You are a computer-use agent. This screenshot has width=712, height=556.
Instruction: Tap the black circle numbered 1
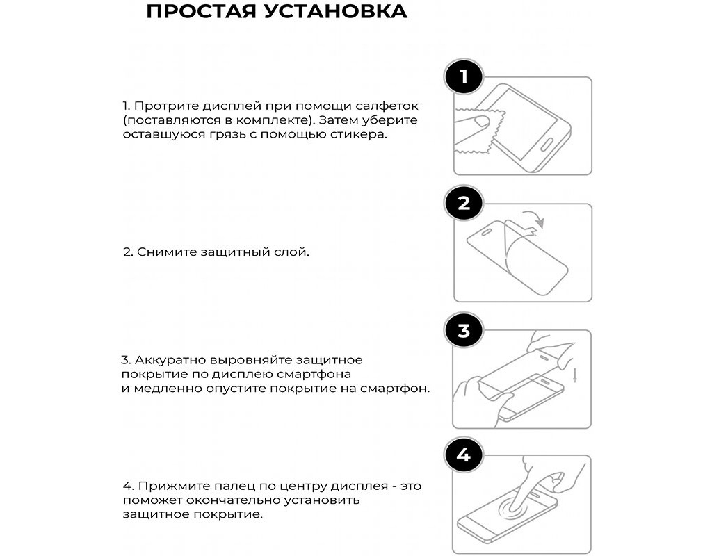point(463,76)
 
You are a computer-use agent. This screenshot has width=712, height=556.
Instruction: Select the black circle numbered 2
point(463,204)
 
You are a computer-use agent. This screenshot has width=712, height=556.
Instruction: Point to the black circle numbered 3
point(463,330)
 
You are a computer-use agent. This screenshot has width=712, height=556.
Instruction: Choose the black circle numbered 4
point(463,455)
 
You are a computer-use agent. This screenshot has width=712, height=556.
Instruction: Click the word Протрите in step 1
point(166,106)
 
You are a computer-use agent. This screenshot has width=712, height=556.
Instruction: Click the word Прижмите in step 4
point(172,486)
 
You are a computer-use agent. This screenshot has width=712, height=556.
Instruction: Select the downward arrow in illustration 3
point(575,375)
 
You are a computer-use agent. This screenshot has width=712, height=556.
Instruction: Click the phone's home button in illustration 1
point(546,145)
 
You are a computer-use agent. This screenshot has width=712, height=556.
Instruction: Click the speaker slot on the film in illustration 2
point(486,232)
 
